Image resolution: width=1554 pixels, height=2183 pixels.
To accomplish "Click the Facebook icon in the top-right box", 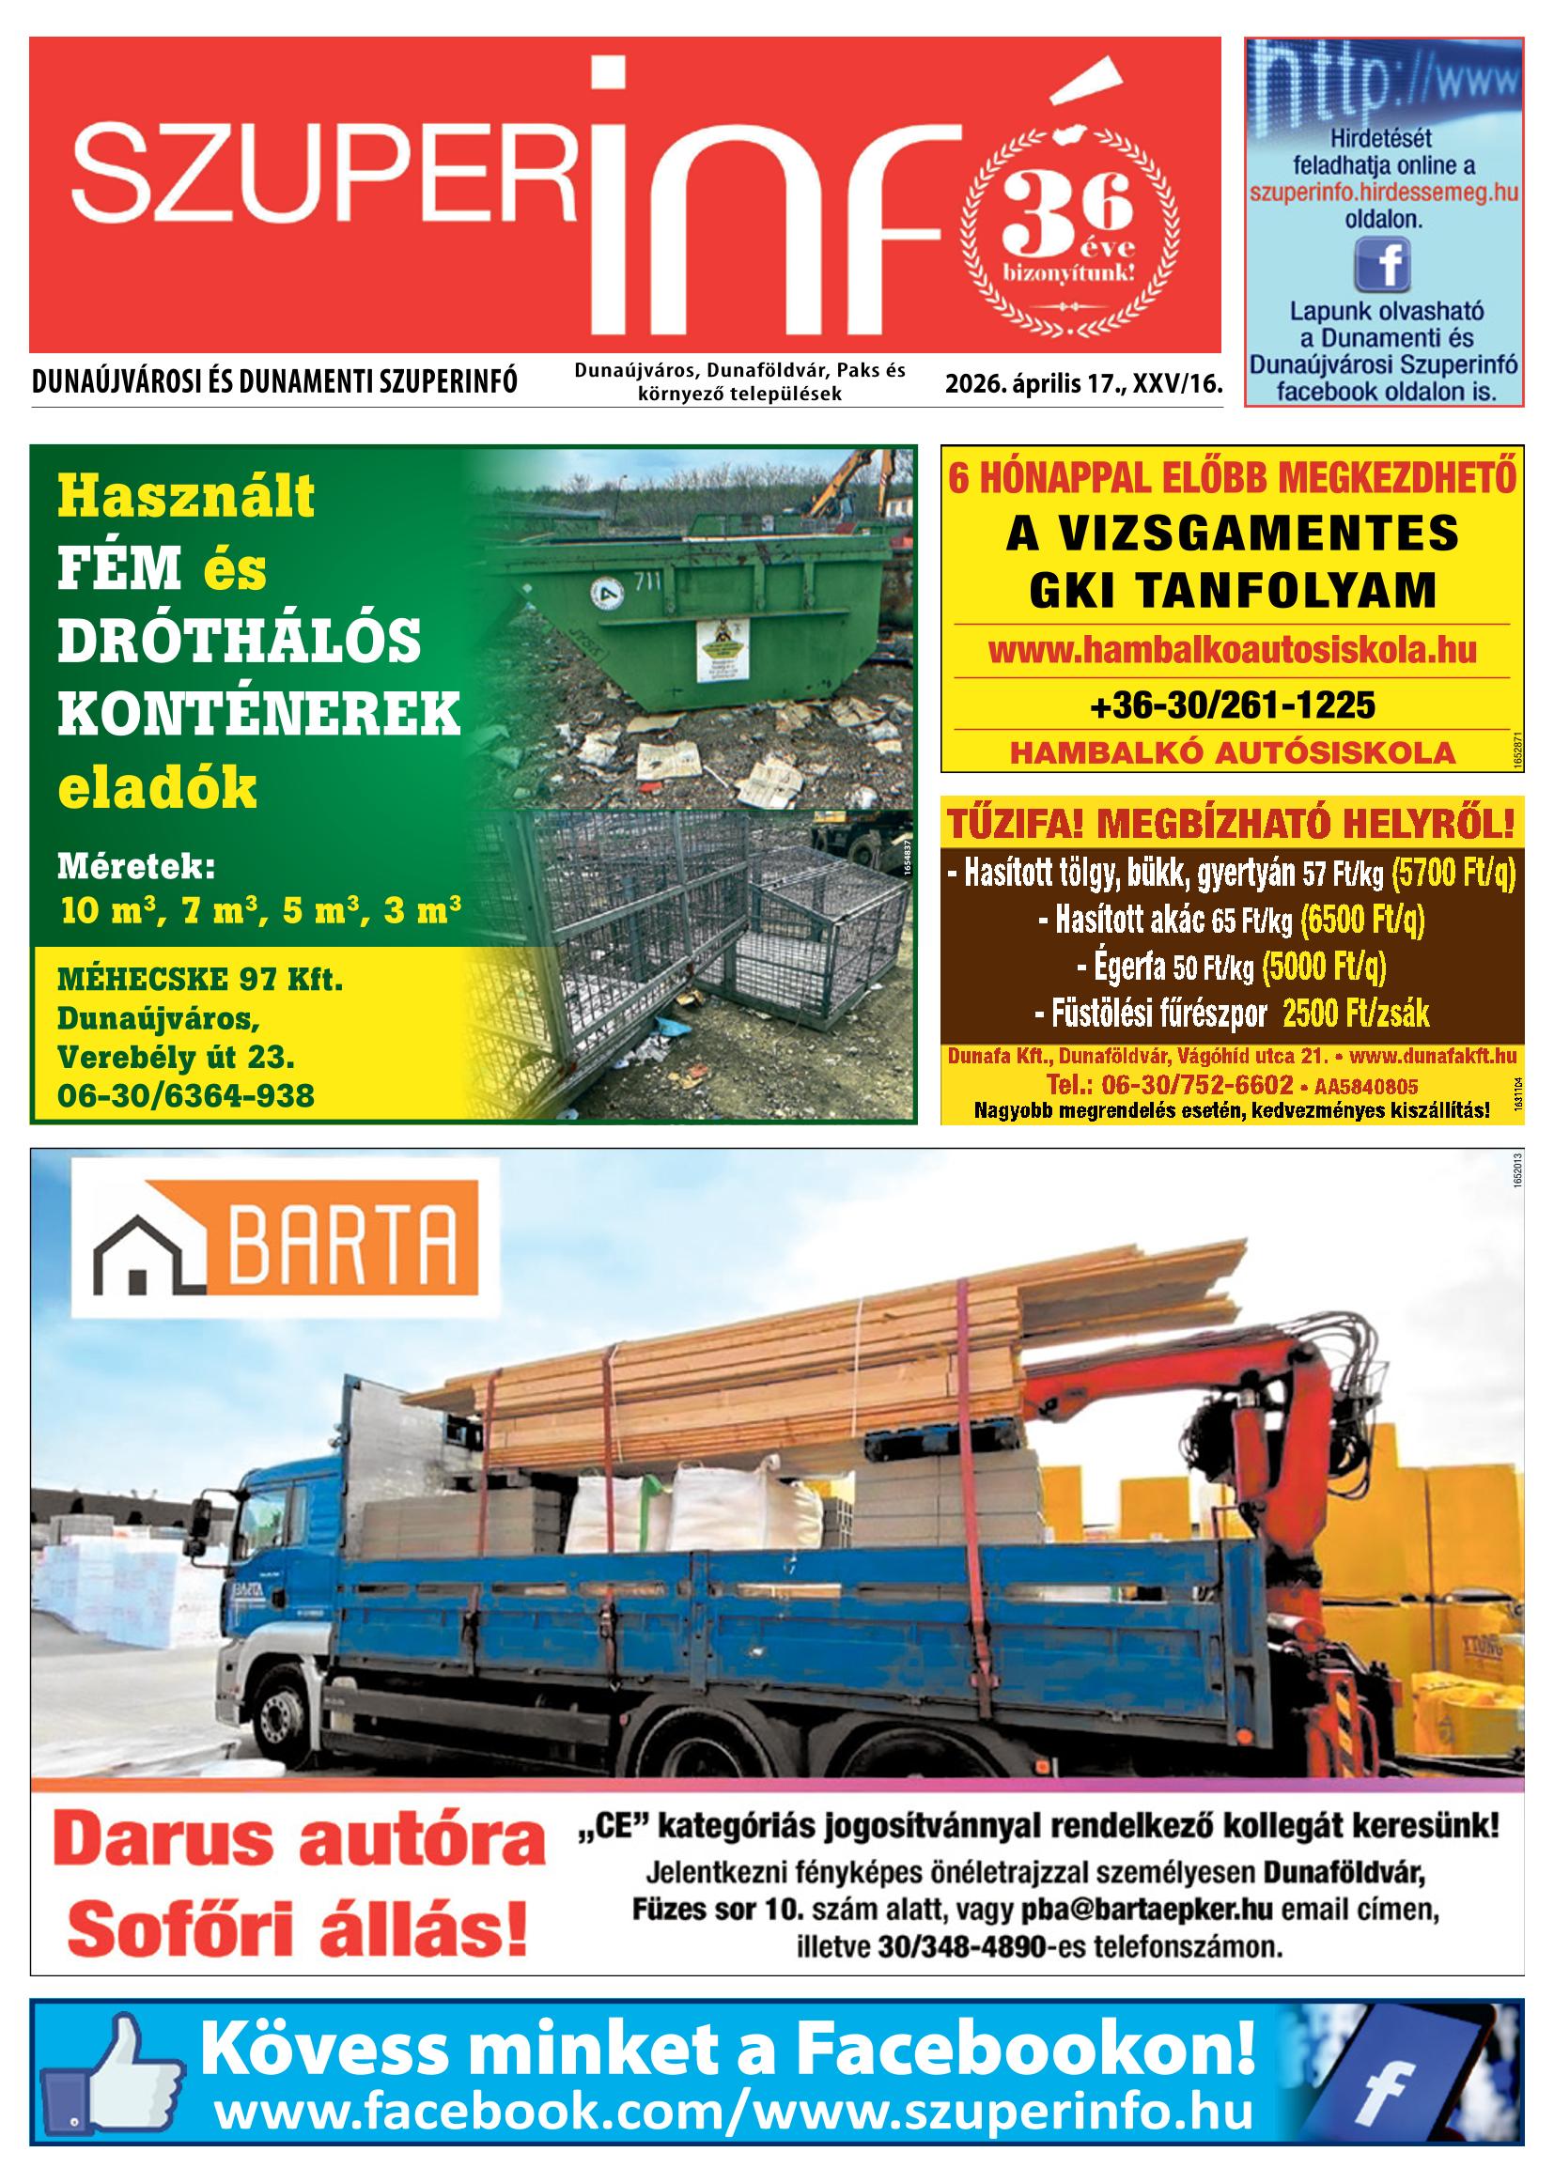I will click(1382, 263).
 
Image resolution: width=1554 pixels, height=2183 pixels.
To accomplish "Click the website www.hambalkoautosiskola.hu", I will click(1232, 651).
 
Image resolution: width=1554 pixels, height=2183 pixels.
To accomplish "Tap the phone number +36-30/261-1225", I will click(1232, 705).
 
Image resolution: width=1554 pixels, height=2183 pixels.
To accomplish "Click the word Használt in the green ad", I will click(187, 497).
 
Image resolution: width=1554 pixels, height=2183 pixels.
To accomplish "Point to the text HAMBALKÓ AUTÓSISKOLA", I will click(1232, 752).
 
